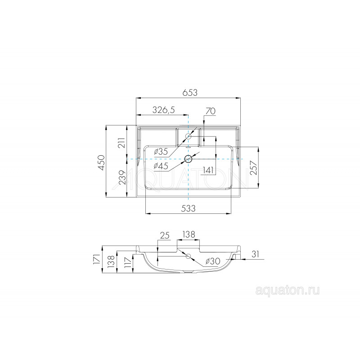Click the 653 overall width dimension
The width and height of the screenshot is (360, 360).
(190, 93)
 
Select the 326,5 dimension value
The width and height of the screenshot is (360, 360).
(164, 110)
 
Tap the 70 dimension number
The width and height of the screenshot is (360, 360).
(211, 111)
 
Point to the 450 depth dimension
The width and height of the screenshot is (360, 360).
(101, 162)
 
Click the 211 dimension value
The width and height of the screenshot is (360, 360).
(122, 143)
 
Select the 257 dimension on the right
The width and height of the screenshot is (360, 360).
(254, 168)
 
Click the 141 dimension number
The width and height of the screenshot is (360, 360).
(208, 171)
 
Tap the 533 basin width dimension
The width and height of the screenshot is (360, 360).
(188, 208)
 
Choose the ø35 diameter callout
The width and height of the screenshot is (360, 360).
(161, 152)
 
